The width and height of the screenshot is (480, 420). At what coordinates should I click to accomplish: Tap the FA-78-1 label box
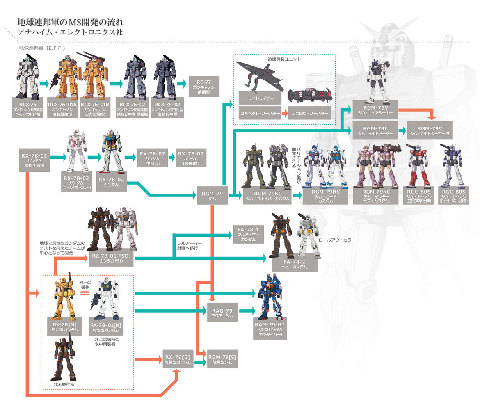click(248, 234)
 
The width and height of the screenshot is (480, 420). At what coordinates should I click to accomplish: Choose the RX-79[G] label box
click(178, 359)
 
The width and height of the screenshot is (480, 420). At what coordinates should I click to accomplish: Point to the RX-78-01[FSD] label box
click(111, 258)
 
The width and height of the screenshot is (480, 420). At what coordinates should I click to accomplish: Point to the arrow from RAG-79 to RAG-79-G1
click(246, 311)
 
